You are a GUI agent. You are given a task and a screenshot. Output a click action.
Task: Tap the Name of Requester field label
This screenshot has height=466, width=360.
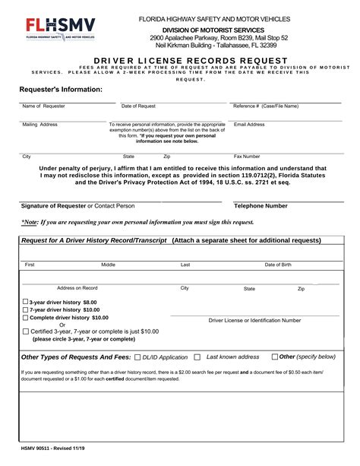click(44, 106)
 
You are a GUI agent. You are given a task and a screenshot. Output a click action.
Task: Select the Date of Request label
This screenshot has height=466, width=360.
click(138, 106)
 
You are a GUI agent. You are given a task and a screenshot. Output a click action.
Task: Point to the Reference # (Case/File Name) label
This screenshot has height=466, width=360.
click(266, 106)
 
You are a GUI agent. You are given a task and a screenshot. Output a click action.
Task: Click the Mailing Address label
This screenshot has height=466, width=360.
click(40, 124)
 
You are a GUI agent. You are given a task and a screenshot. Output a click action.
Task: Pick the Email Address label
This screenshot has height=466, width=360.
click(249, 124)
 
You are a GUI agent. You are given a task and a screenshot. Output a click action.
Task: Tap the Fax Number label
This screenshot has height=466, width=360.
click(247, 157)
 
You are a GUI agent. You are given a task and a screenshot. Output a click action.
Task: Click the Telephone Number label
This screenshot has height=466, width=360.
click(261, 206)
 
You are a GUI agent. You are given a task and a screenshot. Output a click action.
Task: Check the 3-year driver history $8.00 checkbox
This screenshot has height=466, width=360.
click(26, 302)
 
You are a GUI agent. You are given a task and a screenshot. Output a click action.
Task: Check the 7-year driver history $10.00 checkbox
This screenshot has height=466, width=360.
click(26, 310)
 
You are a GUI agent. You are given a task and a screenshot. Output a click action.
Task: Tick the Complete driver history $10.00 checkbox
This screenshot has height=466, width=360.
click(26, 318)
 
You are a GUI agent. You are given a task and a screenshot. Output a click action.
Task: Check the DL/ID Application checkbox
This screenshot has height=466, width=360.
click(137, 357)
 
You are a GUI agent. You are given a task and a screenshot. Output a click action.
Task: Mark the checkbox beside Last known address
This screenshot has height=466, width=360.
click(197, 357)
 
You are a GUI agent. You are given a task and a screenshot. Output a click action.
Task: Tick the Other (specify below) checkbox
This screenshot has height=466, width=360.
click(275, 357)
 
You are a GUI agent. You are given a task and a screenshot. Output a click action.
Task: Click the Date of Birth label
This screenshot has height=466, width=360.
click(278, 265)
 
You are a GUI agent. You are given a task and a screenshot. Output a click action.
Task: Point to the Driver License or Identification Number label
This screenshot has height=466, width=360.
click(254, 321)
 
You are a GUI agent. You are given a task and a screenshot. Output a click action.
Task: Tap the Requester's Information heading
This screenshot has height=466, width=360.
click(61, 90)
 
